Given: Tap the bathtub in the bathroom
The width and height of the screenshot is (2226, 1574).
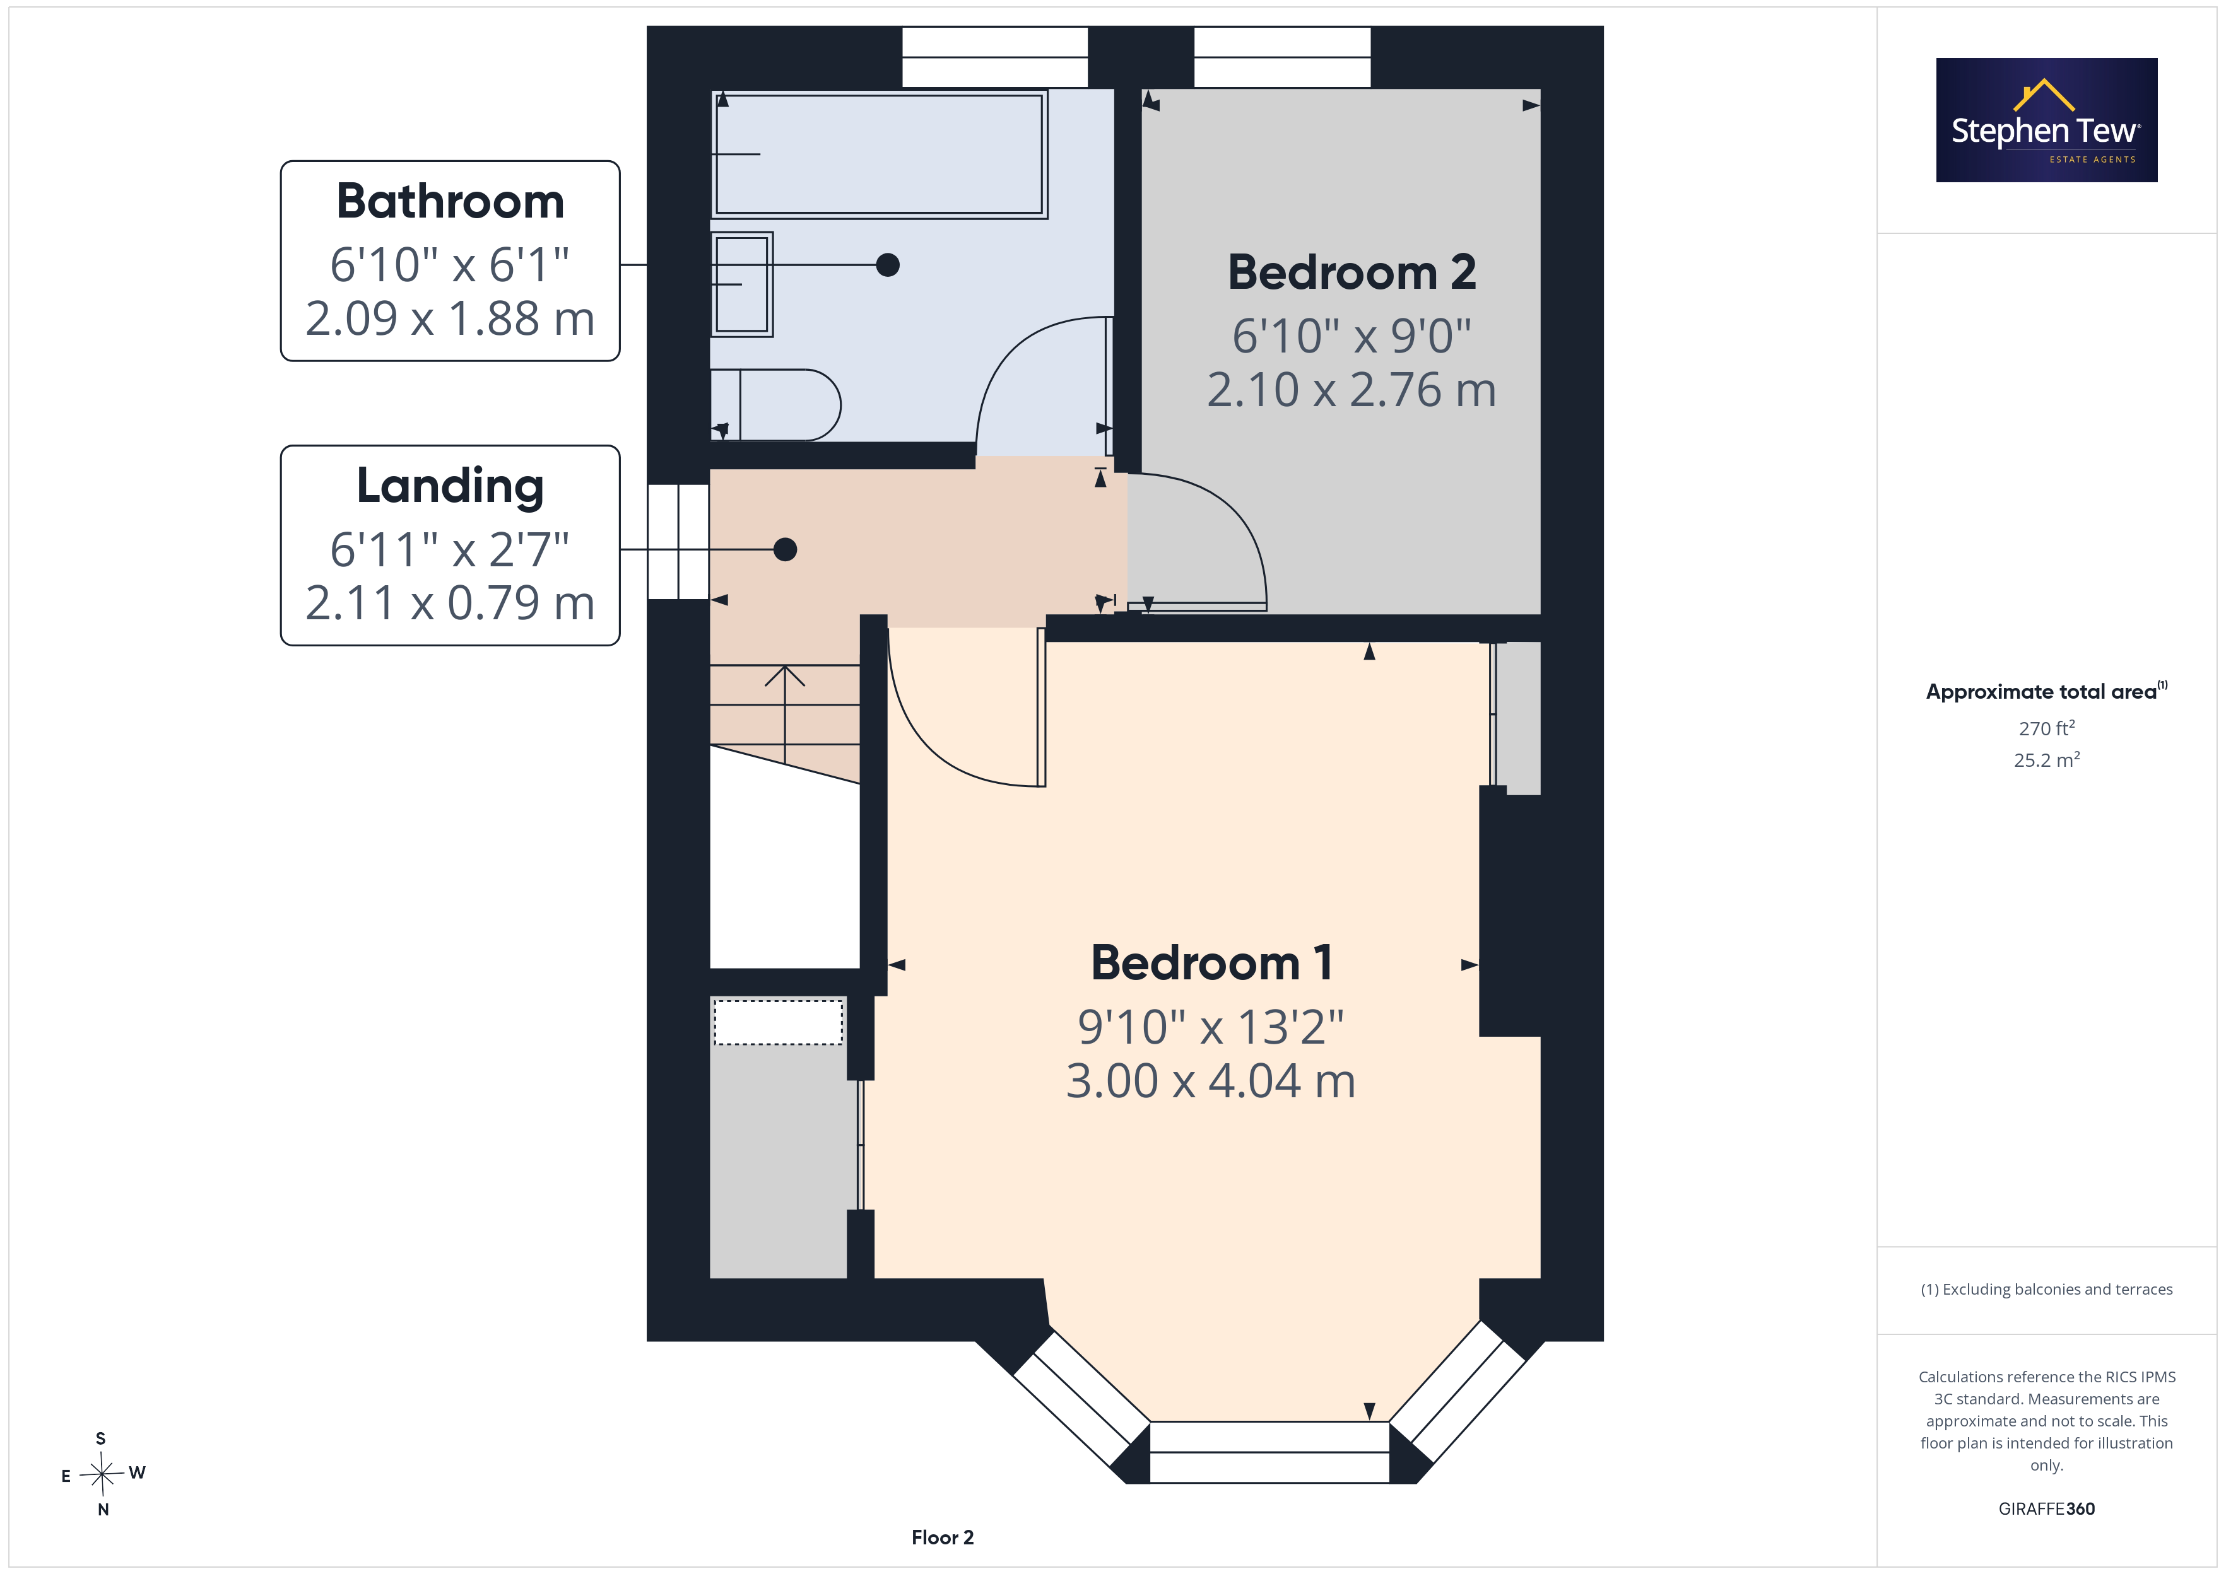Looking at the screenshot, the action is [x=880, y=154].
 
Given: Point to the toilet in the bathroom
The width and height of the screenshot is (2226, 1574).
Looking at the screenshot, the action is [x=775, y=405].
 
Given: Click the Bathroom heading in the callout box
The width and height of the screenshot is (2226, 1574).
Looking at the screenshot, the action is [x=450, y=202].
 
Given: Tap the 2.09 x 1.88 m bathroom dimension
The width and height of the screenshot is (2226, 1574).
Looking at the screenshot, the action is [x=450, y=318].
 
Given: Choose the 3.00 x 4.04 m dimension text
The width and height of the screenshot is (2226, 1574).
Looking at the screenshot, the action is [x=1211, y=1081].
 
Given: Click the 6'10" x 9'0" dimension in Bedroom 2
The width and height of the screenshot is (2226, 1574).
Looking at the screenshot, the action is [x=1351, y=336].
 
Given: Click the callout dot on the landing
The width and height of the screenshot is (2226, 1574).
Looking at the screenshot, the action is [x=786, y=549].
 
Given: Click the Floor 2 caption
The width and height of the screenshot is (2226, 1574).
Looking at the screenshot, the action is [x=943, y=1538].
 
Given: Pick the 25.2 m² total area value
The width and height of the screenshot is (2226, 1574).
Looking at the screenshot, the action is [x=2047, y=760].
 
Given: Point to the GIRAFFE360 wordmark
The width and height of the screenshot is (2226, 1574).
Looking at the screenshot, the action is [x=2047, y=1509].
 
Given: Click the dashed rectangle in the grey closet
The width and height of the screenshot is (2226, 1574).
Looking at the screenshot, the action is [x=779, y=1022].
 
